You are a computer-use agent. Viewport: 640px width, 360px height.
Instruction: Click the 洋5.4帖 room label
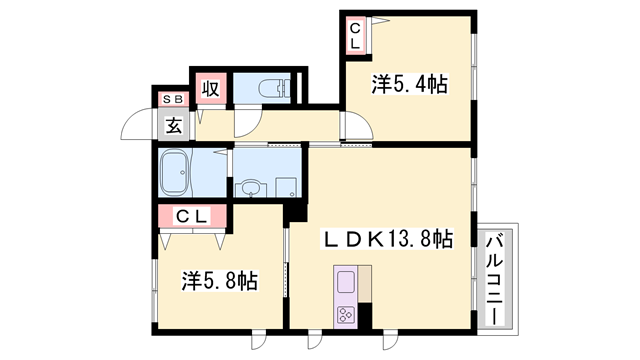[409, 84]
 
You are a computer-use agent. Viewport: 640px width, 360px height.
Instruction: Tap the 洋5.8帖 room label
[220, 280]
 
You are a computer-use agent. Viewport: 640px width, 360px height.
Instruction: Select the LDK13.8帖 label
[388, 239]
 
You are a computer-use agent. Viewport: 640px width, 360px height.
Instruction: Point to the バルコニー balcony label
[494, 279]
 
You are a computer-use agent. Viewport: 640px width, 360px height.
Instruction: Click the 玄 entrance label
[174, 125]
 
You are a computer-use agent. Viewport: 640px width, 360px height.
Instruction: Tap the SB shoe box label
[173, 99]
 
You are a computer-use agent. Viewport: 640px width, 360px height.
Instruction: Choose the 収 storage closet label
[211, 88]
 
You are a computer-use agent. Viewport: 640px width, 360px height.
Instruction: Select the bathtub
[174, 173]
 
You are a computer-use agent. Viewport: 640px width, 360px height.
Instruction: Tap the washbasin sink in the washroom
[249, 190]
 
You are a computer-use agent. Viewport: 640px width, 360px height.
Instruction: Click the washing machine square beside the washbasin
[286, 187]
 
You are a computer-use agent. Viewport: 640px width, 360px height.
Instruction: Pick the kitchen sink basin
[346, 282]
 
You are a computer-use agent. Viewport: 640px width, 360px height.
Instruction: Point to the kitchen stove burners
[346, 315]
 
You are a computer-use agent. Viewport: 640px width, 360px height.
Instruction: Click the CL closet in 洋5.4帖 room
[356, 36]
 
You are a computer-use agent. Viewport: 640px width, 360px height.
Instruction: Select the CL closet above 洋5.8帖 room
[192, 215]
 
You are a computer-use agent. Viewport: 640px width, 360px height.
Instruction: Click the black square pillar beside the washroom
[296, 212]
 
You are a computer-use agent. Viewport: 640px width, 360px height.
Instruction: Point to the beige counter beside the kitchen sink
[365, 284]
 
